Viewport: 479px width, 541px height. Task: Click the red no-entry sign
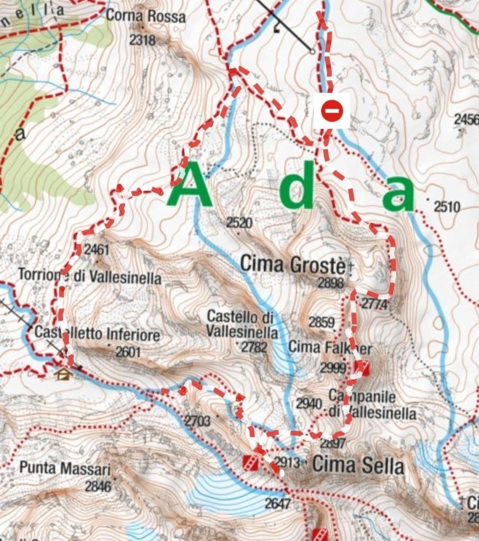click(331, 111)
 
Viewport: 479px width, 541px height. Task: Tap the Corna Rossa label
click(146, 16)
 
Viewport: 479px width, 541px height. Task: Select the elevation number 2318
click(142, 40)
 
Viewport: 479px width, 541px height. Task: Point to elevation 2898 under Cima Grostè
click(331, 284)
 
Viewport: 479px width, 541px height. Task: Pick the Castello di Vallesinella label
click(242, 324)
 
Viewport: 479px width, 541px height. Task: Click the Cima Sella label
click(358, 465)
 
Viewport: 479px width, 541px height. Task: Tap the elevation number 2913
click(287, 463)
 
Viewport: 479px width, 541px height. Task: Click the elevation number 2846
click(98, 486)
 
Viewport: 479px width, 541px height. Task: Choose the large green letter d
click(297, 188)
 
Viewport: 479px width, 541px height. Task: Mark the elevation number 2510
click(447, 207)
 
